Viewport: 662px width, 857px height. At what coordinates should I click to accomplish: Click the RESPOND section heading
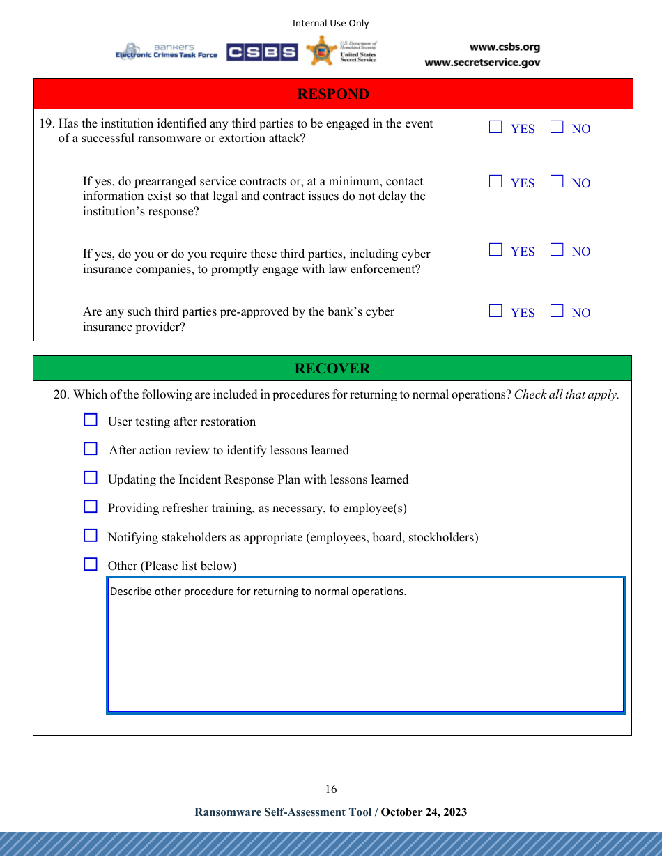click(x=333, y=94)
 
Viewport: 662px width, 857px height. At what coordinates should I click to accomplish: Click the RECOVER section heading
click(x=332, y=369)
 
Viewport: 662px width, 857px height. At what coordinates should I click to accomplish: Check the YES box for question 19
click(x=495, y=128)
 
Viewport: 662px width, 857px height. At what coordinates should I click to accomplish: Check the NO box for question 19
click(x=557, y=128)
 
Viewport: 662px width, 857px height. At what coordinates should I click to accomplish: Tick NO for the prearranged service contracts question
click(x=557, y=182)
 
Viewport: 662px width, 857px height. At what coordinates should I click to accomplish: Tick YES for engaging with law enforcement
click(x=495, y=250)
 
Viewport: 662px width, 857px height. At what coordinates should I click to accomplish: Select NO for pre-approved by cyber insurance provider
click(x=557, y=311)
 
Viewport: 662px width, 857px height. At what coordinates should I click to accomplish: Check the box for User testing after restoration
click(x=91, y=420)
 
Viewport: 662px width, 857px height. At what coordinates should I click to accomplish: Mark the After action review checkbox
click(x=91, y=449)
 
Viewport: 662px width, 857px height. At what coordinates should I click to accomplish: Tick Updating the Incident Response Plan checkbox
click(x=91, y=478)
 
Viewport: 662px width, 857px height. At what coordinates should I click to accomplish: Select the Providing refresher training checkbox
click(x=91, y=507)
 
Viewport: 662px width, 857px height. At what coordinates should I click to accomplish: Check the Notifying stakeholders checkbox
click(x=91, y=536)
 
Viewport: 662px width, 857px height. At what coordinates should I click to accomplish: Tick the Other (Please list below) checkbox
click(x=91, y=564)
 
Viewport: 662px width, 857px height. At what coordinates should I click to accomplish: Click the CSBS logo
click(x=262, y=52)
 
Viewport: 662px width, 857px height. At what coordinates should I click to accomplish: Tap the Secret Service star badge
click(x=321, y=51)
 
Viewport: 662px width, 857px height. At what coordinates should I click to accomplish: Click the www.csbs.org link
click(x=505, y=47)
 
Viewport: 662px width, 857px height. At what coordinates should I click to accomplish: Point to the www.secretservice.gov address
click(x=482, y=63)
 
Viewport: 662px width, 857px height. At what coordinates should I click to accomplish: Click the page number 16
click(x=331, y=789)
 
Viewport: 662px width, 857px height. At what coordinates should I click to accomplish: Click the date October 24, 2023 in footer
click(x=424, y=812)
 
